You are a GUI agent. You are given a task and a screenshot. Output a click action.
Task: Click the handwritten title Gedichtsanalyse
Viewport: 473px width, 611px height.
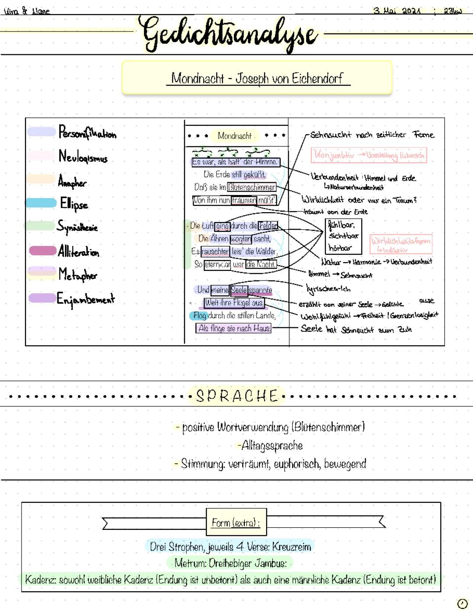(229, 34)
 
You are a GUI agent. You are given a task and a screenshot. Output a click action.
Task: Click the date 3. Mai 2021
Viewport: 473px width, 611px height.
(397, 11)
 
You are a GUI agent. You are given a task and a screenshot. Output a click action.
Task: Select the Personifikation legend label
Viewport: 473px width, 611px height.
(88, 132)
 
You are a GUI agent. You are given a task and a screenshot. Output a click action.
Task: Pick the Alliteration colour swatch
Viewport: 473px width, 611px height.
(42, 251)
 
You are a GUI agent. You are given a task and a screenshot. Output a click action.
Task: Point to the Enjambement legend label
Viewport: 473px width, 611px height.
(86, 299)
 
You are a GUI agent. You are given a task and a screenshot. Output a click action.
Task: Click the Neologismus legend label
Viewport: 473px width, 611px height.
(83, 156)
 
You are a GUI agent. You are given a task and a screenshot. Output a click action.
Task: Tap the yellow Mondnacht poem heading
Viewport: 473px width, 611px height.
(235, 136)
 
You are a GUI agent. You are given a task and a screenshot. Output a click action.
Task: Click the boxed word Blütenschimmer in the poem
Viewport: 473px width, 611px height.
(252, 188)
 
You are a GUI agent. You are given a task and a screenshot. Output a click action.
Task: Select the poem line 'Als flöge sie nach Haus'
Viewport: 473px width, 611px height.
(234, 328)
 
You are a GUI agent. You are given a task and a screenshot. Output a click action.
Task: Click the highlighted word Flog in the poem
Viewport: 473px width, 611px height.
(199, 316)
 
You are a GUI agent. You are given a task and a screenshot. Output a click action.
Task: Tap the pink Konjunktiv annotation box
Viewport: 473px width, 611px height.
(368, 155)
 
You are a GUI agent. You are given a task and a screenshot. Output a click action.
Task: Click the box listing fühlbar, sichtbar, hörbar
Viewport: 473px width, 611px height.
(343, 236)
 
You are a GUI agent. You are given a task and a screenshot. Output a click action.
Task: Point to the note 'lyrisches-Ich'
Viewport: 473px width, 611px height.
(328, 289)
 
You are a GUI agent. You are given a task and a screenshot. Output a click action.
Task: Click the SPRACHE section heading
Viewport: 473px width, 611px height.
(237, 396)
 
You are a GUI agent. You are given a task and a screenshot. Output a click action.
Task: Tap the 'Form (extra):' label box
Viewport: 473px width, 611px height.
(236, 522)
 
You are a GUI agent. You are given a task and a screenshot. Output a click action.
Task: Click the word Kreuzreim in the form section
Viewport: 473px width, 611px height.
(292, 547)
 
